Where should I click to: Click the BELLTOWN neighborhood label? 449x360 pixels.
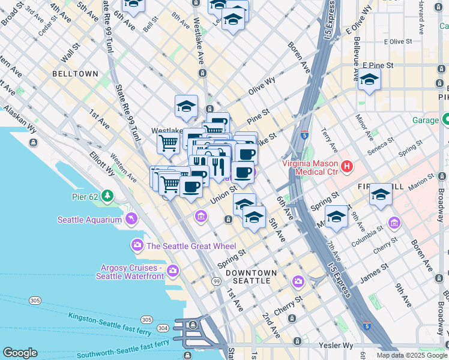[75, 74]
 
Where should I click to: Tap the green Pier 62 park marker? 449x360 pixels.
[107, 196]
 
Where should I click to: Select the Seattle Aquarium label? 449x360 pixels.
[89, 220]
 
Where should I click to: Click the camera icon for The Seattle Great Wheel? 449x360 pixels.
[137, 245]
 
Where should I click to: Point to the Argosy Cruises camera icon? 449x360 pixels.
[173, 271]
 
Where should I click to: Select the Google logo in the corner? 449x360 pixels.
[20, 353]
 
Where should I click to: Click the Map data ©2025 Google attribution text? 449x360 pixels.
[411, 355]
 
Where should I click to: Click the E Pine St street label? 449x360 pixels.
[377, 65]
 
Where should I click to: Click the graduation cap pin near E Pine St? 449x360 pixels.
[369, 80]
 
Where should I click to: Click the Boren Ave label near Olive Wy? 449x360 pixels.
[298, 57]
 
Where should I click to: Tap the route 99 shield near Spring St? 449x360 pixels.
[215, 281]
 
